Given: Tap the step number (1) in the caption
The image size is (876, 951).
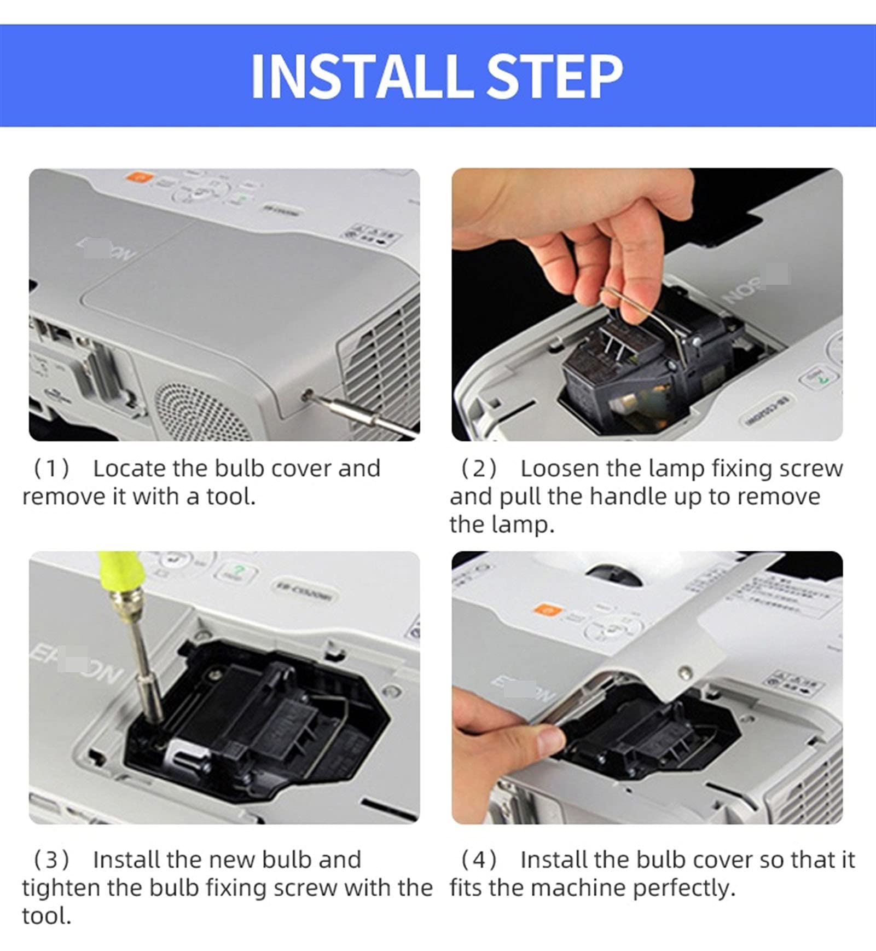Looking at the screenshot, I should pyautogui.click(x=51, y=469).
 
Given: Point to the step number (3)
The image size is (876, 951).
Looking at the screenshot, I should pyautogui.click(x=51, y=860).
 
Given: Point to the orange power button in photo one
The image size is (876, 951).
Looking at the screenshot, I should pyautogui.click(x=135, y=177).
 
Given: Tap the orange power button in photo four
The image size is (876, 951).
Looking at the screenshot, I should pyautogui.click(x=544, y=609).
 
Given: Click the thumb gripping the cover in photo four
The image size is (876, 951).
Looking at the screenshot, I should pyautogui.click(x=542, y=737).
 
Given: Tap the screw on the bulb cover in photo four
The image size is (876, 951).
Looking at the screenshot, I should pyautogui.click(x=683, y=671).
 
